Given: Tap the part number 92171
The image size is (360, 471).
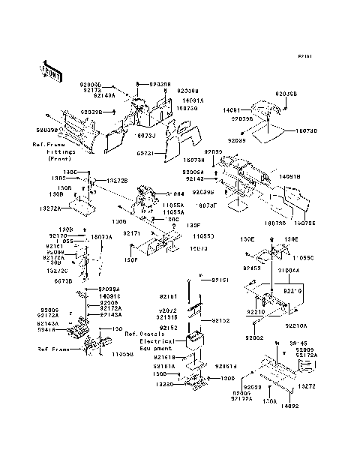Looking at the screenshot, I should tap(132, 233).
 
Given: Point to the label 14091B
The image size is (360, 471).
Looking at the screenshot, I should tap(310, 177).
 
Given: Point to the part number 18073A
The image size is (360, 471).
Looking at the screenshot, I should tap(101, 236).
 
